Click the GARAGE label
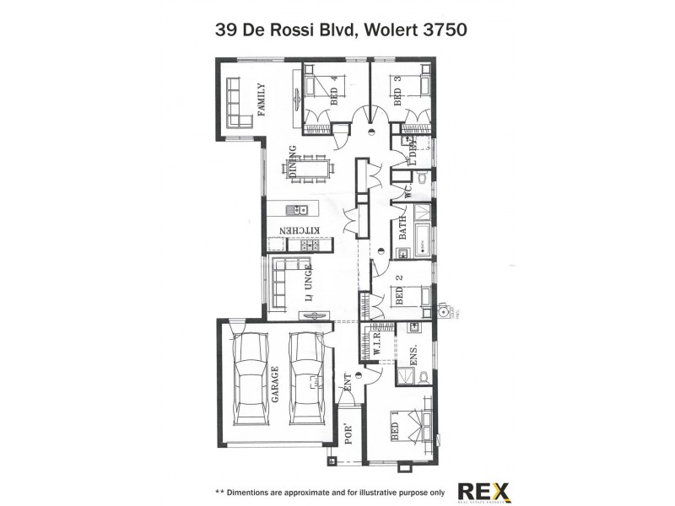pos(275,384)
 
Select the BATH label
pos(402,229)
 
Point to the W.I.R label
pos(378,342)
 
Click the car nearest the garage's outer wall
pos(249,376)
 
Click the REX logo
pos(483,491)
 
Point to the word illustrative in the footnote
pos(368,491)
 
